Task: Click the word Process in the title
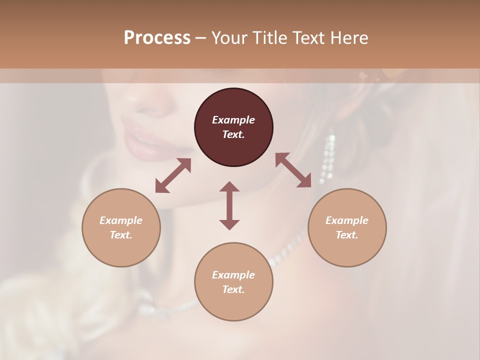point(157,38)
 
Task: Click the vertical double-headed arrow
point(229,205)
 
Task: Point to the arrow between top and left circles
point(173,175)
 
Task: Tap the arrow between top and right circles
point(293,170)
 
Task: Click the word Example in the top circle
point(233,120)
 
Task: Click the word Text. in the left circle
point(121,235)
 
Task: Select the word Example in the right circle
point(347,220)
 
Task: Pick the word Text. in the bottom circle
point(233,289)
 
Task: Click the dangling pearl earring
point(328,157)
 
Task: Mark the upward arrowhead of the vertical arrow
point(229,186)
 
